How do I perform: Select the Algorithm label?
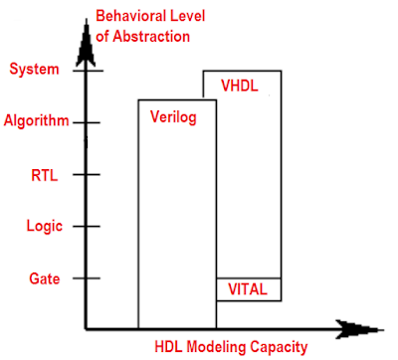pyautogui.click(x=37, y=122)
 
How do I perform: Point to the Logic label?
pyautogui.click(x=45, y=226)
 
